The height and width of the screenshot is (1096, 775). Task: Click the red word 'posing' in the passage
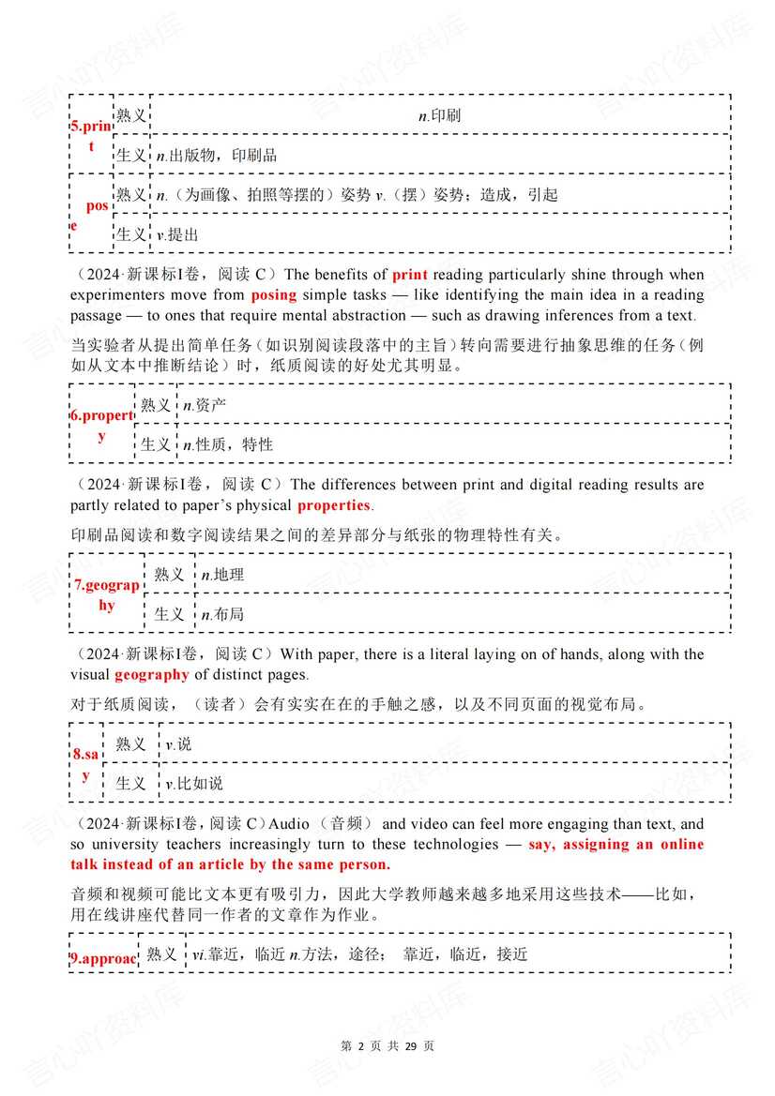[273, 295]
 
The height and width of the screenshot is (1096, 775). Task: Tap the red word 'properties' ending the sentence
[334, 505]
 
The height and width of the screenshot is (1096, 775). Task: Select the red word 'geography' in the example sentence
[152, 674]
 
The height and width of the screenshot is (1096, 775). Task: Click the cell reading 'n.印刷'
[439, 115]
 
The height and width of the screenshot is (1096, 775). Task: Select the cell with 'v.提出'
[177, 234]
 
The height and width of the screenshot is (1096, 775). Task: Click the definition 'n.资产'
[205, 405]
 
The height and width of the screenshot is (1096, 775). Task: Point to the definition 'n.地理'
[222, 575]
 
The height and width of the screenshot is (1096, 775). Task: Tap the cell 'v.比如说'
[194, 783]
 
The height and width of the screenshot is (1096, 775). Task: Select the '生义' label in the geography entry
[169, 614]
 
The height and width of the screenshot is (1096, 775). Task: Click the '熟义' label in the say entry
[130, 743]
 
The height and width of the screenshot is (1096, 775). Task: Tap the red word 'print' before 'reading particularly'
[409, 275]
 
